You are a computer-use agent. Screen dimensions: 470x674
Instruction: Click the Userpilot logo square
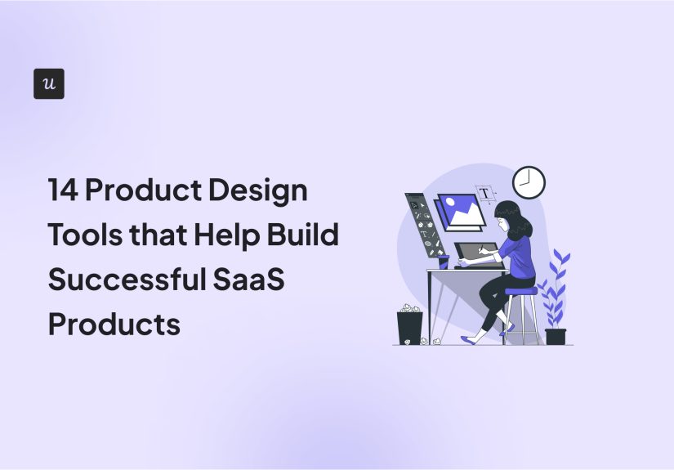(49, 84)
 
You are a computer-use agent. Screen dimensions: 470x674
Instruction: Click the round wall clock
(529, 182)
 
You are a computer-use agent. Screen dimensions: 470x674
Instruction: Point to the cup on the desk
(444, 262)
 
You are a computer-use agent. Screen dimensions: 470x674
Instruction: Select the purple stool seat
(521, 291)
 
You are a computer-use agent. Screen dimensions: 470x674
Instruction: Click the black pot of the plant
(556, 336)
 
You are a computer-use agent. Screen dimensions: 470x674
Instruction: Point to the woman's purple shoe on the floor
(472, 338)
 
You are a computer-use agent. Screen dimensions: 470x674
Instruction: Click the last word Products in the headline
(114, 324)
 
